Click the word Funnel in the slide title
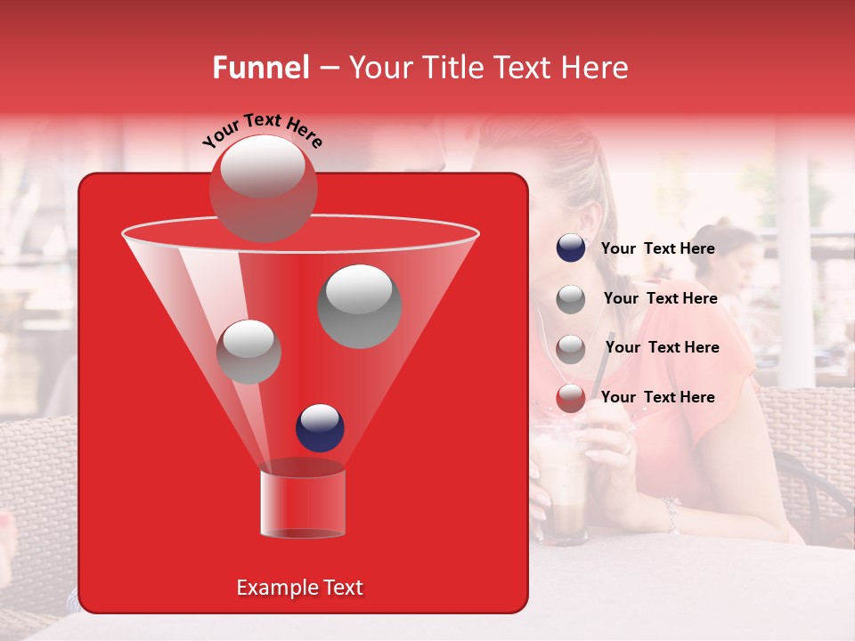coord(260,68)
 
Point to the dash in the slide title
coord(328,69)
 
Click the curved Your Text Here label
coord(262,129)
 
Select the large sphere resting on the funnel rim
coord(263,187)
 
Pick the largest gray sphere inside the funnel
coord(359,305)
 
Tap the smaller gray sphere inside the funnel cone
coord(248,351)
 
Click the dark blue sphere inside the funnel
coord(320,427)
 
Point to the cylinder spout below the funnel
coord(302,500)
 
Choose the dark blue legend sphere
coord(570,248)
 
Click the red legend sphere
coord(570,398)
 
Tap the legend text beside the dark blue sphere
coord(657,248)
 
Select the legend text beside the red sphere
coord(657,397)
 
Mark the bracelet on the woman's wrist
coord(670,514)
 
